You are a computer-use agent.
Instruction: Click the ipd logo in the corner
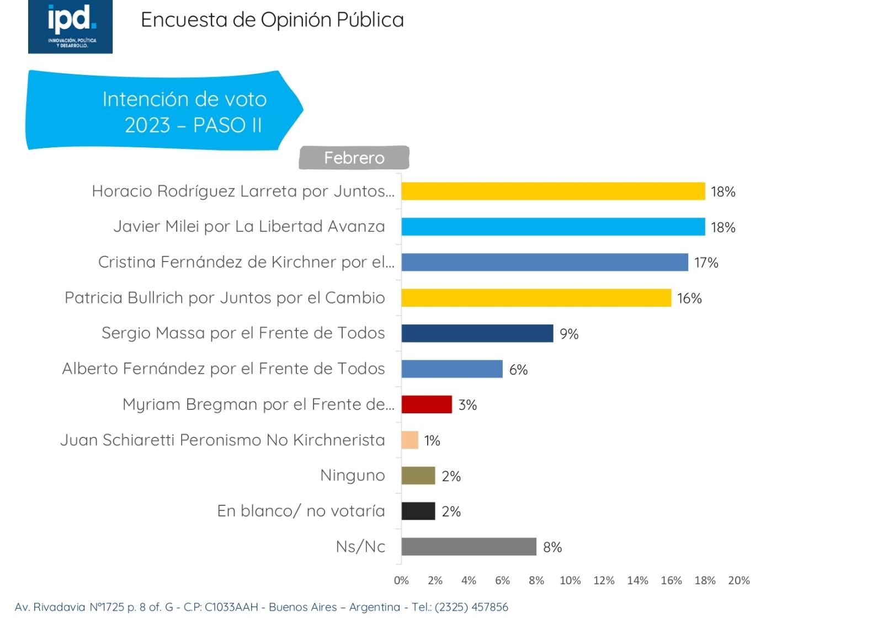pyautogui.click(x=70, y=26)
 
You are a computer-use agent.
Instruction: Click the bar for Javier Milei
pyautogui.click(x=553, y=227)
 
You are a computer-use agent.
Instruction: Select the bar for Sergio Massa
pyautogui.click(x=477, y=333)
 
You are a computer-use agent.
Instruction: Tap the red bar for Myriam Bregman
pyautogui.click(x=427, y=404)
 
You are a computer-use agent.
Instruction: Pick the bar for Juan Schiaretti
pyautogui.click(x=410, y=440)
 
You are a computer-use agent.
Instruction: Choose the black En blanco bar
pyautogui.click(x=418, y=511)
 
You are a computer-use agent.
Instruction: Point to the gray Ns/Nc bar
pyautogui.click(x=469, y=547)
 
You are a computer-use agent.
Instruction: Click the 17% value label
pyautogui.click(x=706, y=263)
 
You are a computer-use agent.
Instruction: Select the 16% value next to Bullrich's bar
pyautogui.click(x=689, y=298)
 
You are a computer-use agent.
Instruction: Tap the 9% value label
pyautogui.click(x=569, y=334)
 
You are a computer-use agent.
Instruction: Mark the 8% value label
pyautogui.click(x=552, y=547)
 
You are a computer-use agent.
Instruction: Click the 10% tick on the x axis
pyautogui.click(x=570, y=580)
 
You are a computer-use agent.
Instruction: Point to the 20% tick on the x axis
pyautogui.click(x=739, y=580)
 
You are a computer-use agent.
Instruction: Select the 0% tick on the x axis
pyautogui.click(x=401, y=580)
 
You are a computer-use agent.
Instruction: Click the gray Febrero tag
pyautogui.click(x=354, y=158)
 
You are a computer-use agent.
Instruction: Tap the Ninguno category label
pyautogui.click(x=353, y=475)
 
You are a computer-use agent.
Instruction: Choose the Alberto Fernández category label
pyautogui.click(x=224, y=369)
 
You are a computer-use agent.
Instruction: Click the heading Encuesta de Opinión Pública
pyautogui.click(x=272, y=20)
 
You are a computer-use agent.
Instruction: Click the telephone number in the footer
pyautogui.click(x=471, y=607)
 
